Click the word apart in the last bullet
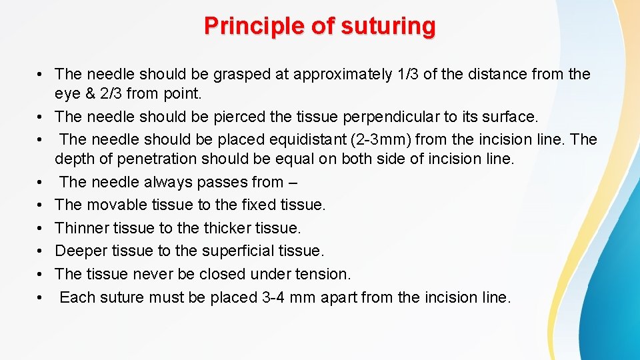pyautogui.click(x=339, y=297)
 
